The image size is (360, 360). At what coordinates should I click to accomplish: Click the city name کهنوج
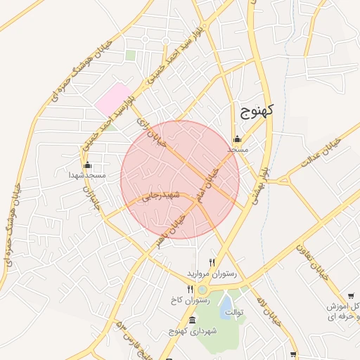(x=256, y=110)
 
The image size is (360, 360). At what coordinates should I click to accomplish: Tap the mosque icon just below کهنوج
(x=238, y=139)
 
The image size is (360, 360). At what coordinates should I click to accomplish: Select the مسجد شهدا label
(x=86, y=175)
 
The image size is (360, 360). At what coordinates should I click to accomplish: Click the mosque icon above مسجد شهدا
(x=87, y=165)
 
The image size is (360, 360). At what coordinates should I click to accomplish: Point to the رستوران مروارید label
(x=211, y=272)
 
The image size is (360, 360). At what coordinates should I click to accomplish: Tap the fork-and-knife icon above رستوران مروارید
(x=212, y=262)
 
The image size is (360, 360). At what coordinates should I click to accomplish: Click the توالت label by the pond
(x=233, y=311)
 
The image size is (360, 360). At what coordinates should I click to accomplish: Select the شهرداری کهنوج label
(x=193, y=330)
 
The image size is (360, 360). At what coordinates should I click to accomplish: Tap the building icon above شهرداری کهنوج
(x=193, y=321)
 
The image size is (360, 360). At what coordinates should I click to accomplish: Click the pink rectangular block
(x=114, y=99)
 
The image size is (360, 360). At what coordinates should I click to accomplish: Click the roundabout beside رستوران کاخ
(x=202, y=289)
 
